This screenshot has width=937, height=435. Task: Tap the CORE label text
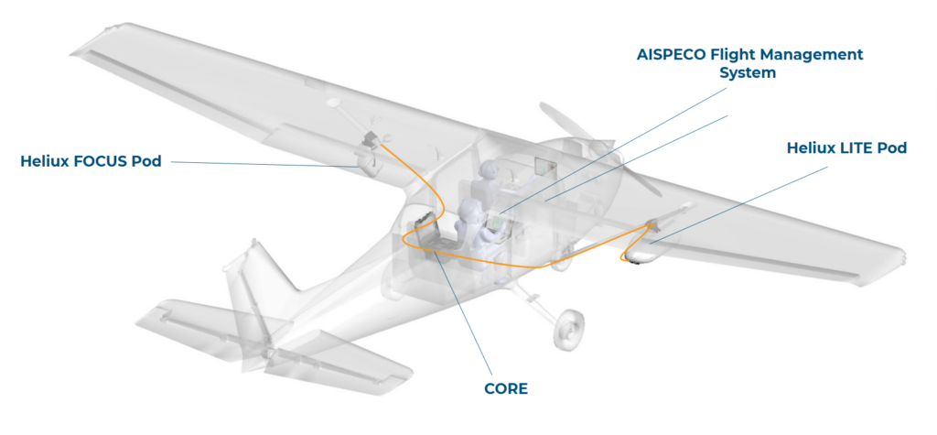point(505,388)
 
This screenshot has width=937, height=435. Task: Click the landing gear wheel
point(570,327)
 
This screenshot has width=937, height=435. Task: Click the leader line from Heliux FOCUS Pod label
point(265,164)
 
